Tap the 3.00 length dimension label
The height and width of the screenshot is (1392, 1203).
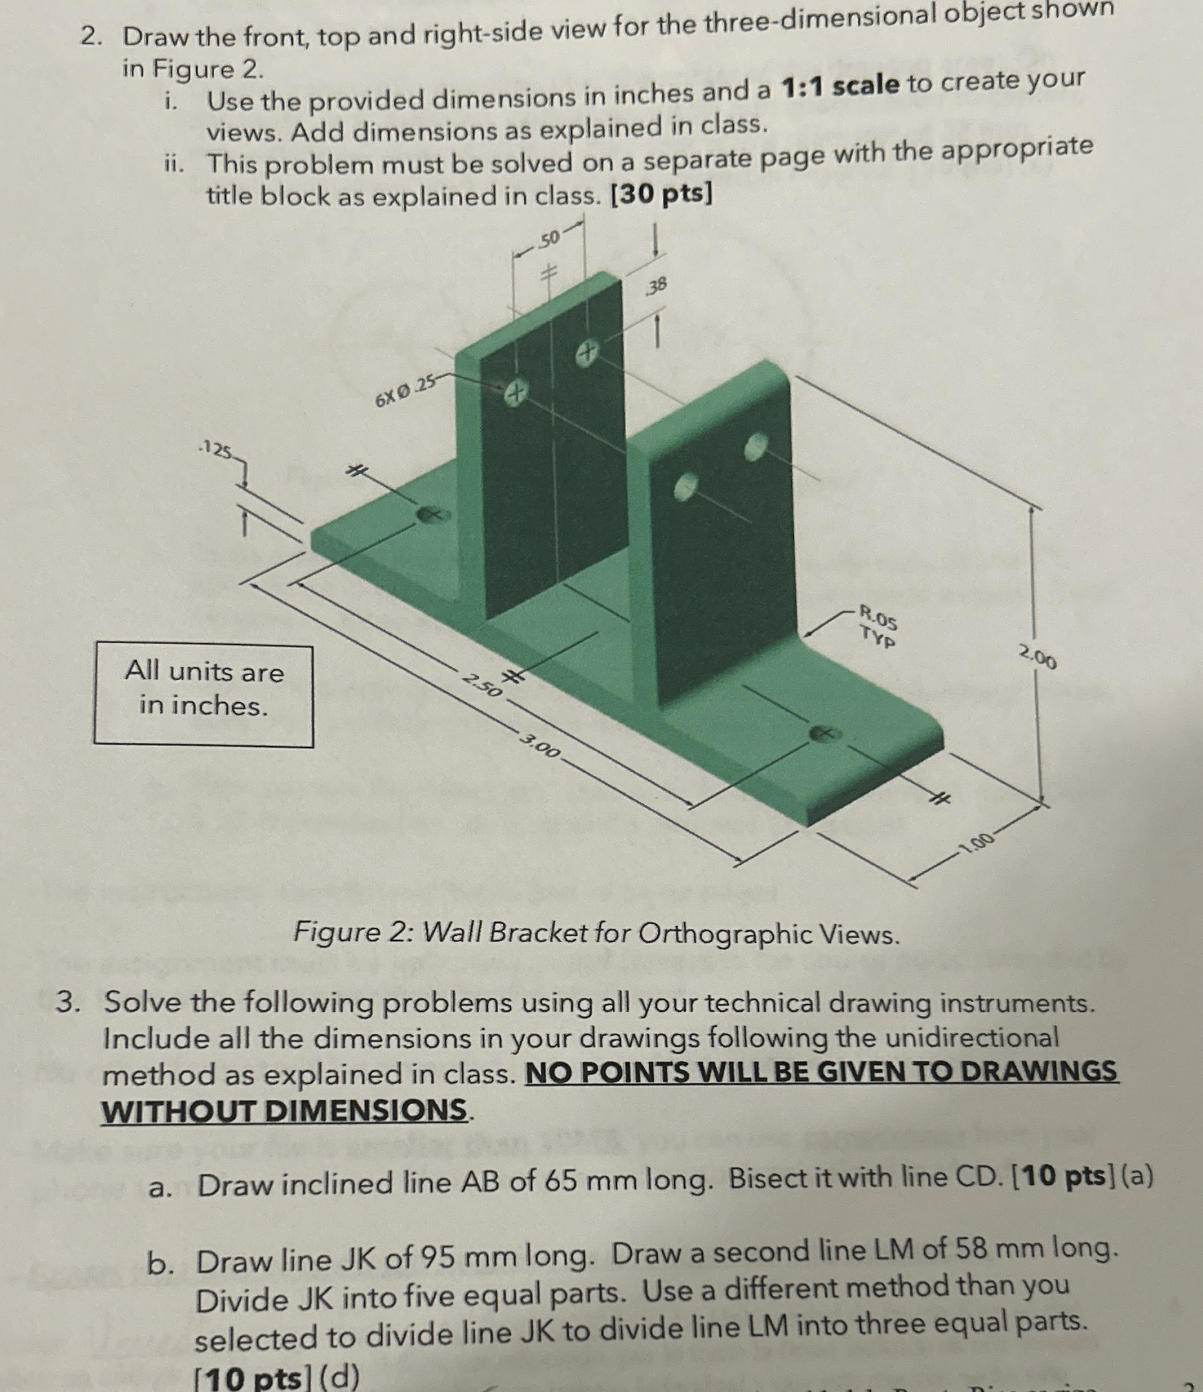click(540, 746)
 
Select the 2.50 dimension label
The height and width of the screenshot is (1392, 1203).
click(482, 685)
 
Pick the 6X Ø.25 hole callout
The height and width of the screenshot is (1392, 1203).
click(405, 392)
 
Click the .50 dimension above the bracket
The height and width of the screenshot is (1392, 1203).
click(548, 239)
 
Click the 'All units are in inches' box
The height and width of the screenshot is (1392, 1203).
click(203, 694)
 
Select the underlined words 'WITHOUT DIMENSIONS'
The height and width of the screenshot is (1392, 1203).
click(284, 1110)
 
